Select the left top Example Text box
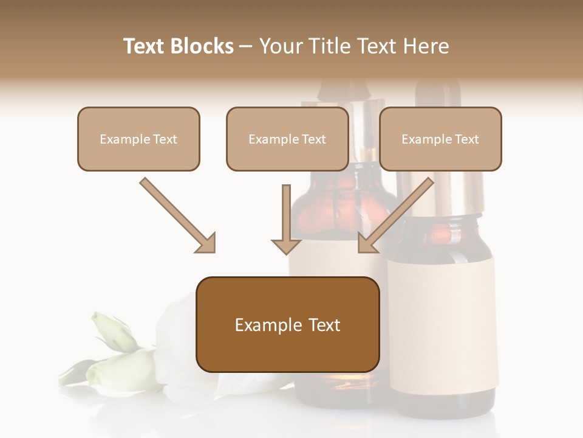(x=138, y=139)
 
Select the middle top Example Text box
(x=287, y=139)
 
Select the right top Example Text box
(x=440, y=139)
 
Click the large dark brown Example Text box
(x=287, y=324)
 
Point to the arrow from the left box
(x=176, y=214)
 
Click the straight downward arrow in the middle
(x=286, y=219)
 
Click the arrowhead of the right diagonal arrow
(x=367, y=243)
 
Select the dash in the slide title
(x=246, y=46)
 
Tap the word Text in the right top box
(x=466, y=139)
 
